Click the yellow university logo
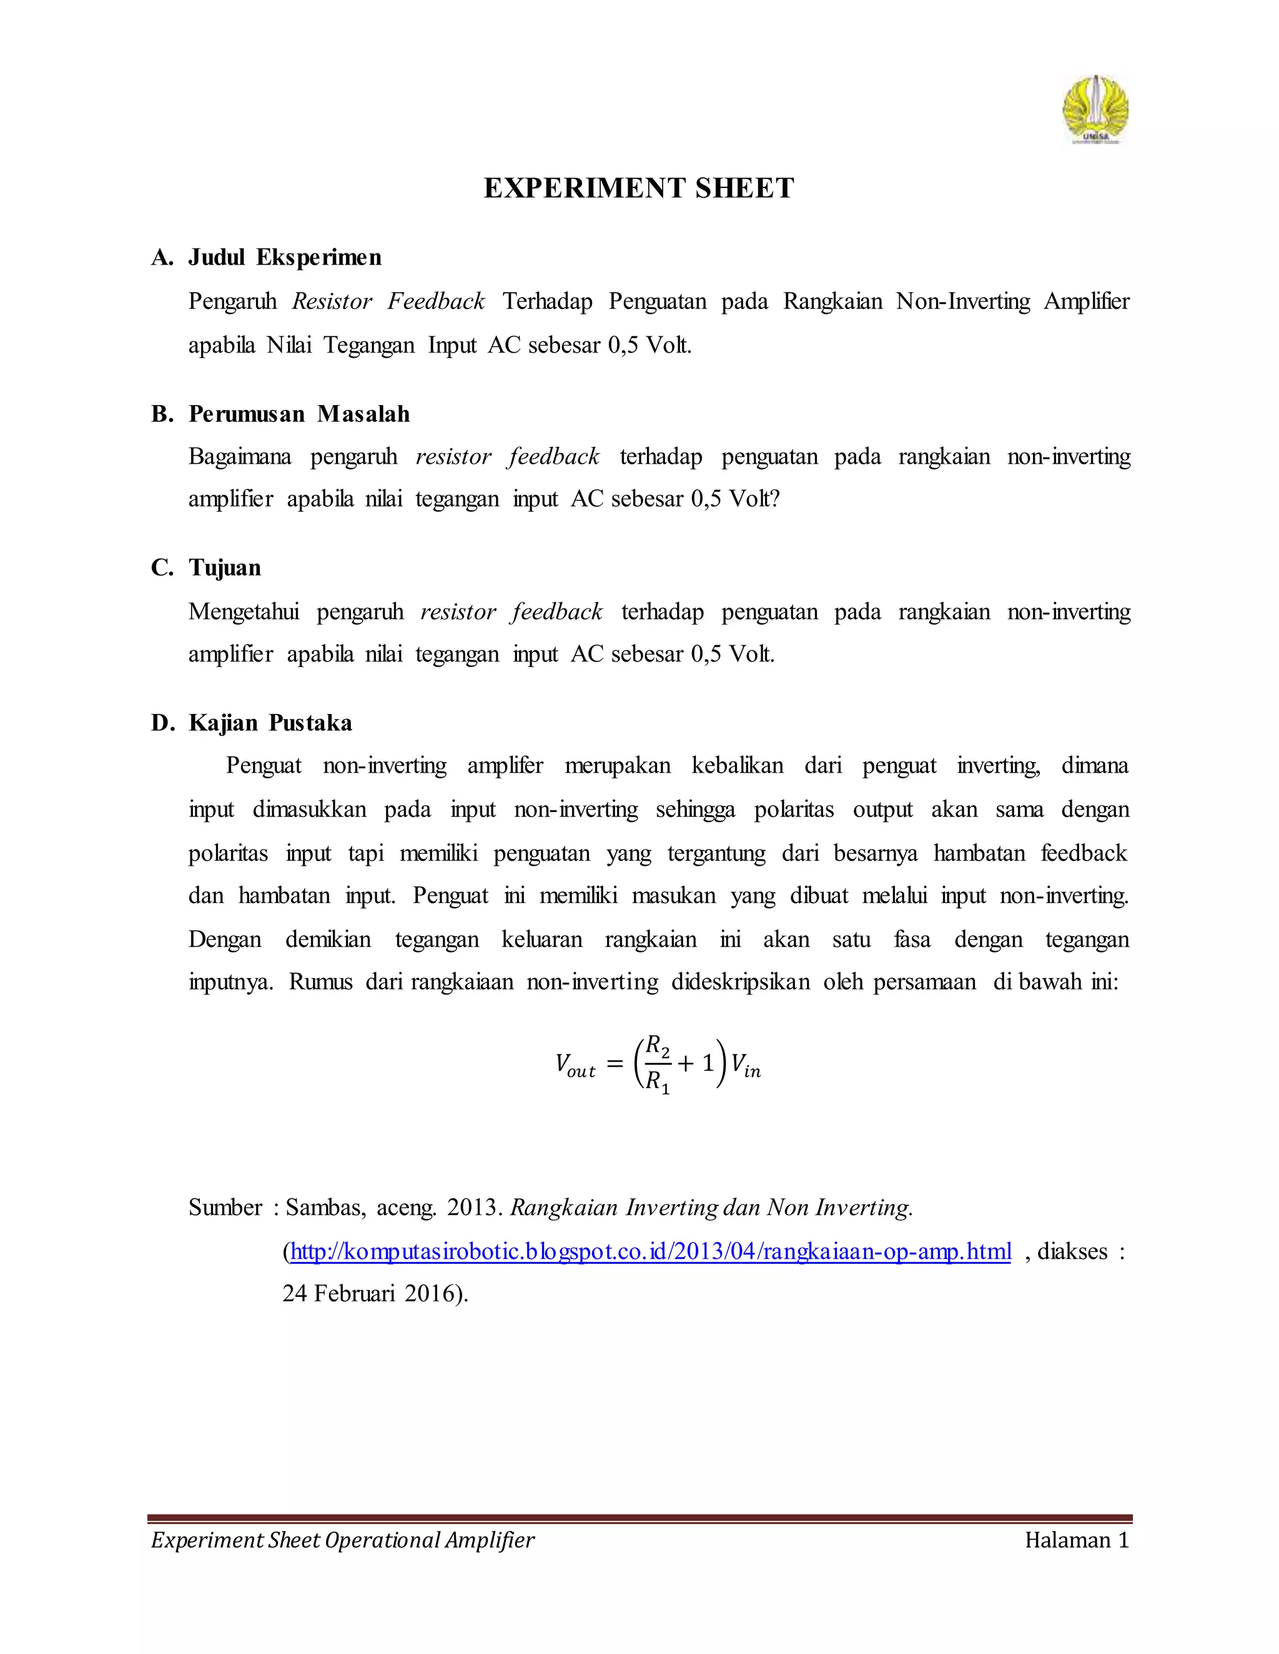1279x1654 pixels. (x=1095, y=110)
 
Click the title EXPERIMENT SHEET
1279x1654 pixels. (x=639, y=188)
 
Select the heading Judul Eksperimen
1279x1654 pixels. (x=285, y=258)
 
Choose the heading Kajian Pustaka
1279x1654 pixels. (x=270, y=723)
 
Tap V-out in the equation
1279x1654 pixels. (x=576, y=1065)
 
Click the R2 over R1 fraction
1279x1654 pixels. (x=657, y=1064)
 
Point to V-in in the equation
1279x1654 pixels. (x=746, y=1065)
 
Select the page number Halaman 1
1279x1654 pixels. (x=1077, y=1540)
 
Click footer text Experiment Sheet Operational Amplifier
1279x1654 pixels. (x=342, y=1540)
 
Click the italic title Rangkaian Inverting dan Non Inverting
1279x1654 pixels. (x=711, y=1207)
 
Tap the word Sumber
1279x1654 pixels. (x=225, y=1207)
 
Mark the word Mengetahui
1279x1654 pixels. (x=244, y=611)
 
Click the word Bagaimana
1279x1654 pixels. (x=239, y=457)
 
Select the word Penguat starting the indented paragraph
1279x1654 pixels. (x=264, y=766)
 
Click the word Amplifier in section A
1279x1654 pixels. (x=1087, y=301)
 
